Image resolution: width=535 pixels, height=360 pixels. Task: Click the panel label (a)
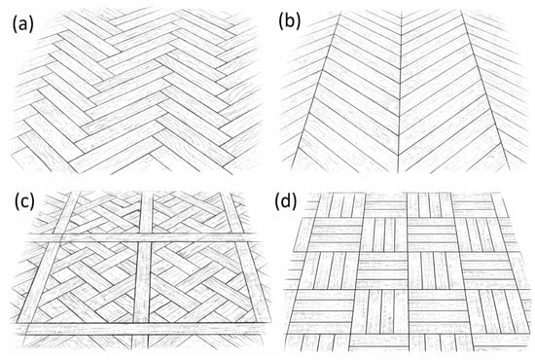[x=23, y=24]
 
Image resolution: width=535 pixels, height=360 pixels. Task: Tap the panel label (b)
[x=290, y=21]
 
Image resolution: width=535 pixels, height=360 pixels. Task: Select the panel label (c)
[x=24, y=202]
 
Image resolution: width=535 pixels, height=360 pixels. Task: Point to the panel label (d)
[x=286, y=202]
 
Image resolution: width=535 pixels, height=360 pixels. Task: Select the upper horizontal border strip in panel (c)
[x=143, y=237]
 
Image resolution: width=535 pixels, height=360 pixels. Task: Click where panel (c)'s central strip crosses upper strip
[x=145, y=237]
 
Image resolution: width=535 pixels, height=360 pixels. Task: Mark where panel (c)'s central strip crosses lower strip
[x=141, y=329]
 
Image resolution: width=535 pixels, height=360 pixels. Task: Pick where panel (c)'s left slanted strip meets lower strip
[x=24, y=324]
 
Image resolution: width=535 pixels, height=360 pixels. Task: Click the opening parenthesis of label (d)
[x=277, y=202]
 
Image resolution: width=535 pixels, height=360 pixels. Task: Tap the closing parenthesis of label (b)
[x=299, y=21]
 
